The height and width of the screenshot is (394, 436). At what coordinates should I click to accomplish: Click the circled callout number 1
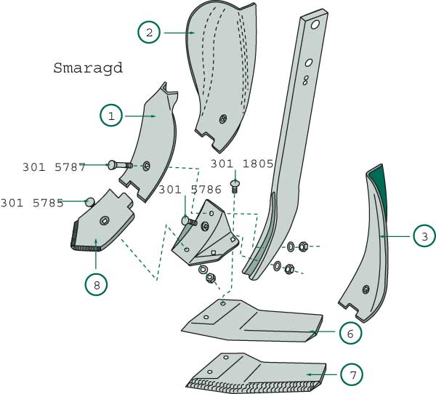pyautogui.click(x=111, y=116)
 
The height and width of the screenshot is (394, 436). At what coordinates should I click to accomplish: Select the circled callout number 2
pyautogui.click(x=149, y=33)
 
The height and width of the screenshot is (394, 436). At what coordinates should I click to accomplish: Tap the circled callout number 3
pyautogui.click(x=424, y=236)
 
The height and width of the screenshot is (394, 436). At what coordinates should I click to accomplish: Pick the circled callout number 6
pyautogui.click(x=350, y=333)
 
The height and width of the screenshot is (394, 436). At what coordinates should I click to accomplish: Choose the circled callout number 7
pyautogui.click(x=352, y=374)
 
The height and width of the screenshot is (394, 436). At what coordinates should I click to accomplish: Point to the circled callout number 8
pyautogui.click(x=96, y=285)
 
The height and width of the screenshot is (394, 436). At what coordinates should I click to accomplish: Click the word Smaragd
pyautogui.click(x=88, y=68)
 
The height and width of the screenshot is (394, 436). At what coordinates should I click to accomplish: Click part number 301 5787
pyautogui.click(x=54, y=167)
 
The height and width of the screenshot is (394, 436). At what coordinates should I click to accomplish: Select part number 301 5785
pyautogui.click(x=32, y=203)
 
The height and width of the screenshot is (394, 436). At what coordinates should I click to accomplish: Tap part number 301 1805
pyautogui.click(x=242, y=164)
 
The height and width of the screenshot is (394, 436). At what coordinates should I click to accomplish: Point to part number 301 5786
pyautogui.click(x=190, y=190)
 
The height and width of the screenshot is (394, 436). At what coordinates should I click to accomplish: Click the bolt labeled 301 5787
pyautogui.click(x=120, y=165)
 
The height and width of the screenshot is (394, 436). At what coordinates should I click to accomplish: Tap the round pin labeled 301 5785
pyautogui.click(x=90, y=202)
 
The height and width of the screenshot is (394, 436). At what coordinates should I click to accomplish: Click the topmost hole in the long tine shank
pyautogui.click(x=315, y=25)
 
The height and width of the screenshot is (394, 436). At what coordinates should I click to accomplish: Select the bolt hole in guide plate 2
pyautogui.click(x=223, y=119)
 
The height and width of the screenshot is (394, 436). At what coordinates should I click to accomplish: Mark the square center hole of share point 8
pyautogui.click(x=104, y=221)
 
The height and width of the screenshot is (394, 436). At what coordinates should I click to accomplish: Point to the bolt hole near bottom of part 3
pyautogui.click(x=366, y=289)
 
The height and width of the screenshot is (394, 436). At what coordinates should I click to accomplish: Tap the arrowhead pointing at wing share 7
pyautogui.click(x=309, y=374)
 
